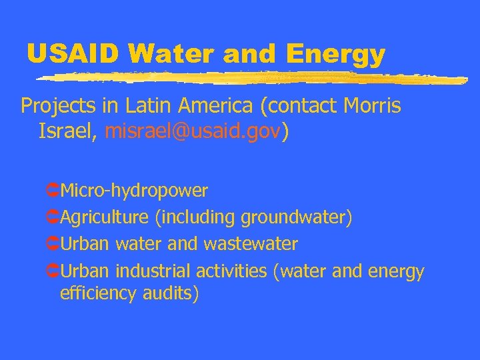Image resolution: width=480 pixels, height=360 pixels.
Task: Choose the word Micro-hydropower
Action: pos(134,191)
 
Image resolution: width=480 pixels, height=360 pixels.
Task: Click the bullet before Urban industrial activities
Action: pos(53,272)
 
